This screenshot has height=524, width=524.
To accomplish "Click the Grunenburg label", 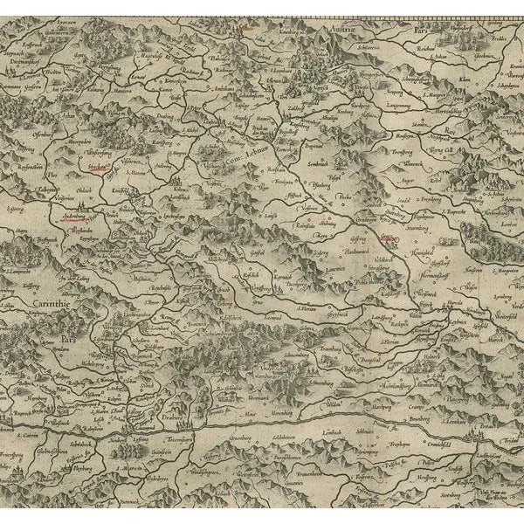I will pos(251,429).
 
